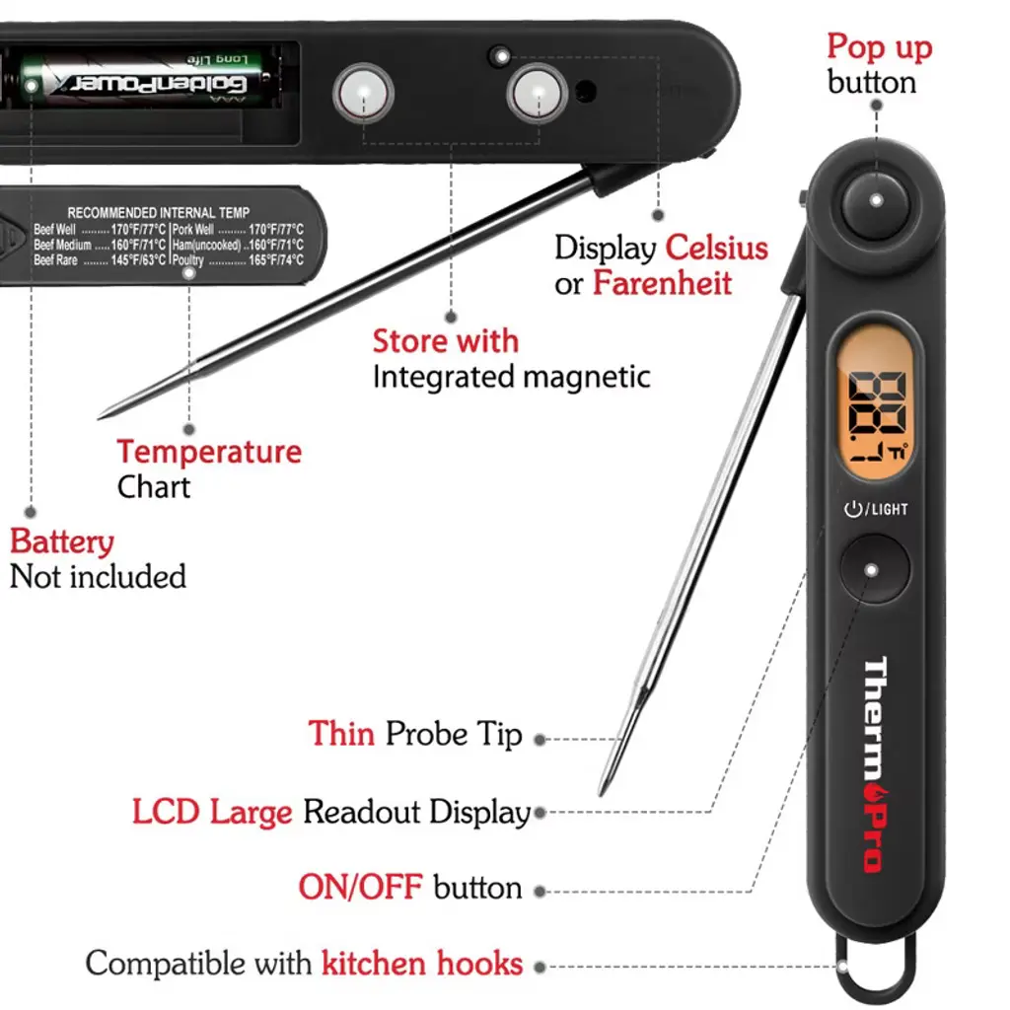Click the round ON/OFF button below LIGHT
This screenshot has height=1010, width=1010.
(873, 569)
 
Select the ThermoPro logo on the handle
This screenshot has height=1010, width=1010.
(874, 764)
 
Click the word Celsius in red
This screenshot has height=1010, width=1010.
(716, 247)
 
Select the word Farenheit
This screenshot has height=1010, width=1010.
(662, 284)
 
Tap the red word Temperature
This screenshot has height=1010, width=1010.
(209, 452)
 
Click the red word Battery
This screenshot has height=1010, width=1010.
(61, 541)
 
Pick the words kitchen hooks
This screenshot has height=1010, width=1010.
(422, 963)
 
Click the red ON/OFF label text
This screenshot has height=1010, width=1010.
(360, 887)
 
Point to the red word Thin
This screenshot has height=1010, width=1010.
(341, 734)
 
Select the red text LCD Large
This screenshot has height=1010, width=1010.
(212, 812)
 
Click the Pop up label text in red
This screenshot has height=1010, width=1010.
(879, 46)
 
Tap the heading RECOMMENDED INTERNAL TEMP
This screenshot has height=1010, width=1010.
(158, 212)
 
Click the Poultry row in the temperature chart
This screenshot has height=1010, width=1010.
(237, 260)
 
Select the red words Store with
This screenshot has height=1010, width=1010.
(445, 341)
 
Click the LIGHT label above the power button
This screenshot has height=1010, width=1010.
(890, 509)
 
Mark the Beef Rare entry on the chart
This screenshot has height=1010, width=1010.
(99, 260)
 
